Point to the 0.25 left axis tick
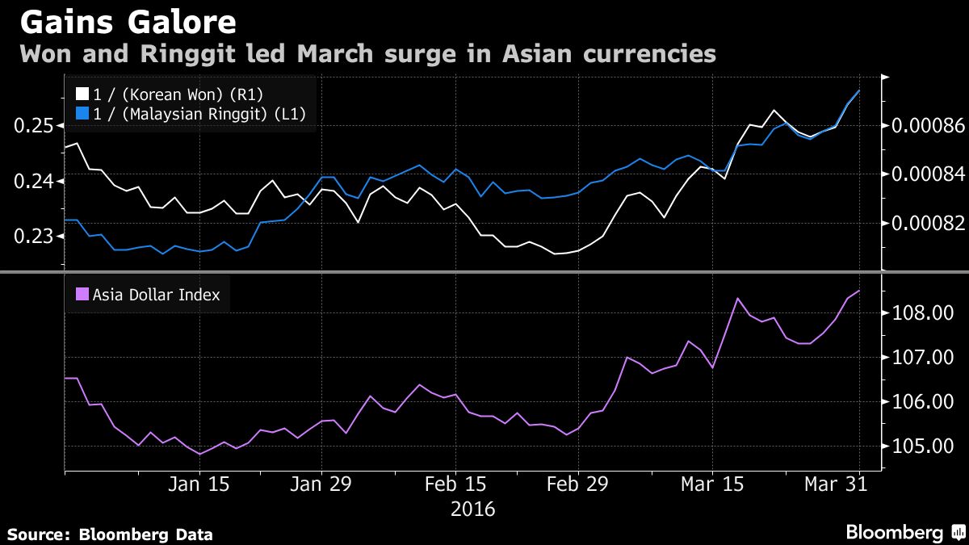point(34,126)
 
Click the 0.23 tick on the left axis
point(34,237)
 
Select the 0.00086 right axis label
point(928,126)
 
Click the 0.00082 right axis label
point(928,223)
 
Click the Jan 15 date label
point(199,485)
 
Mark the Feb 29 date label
point(578,485)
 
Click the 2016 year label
point(472,509)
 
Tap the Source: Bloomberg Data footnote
point(111,534)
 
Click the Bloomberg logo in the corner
point(904,532)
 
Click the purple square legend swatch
point(82,295)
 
